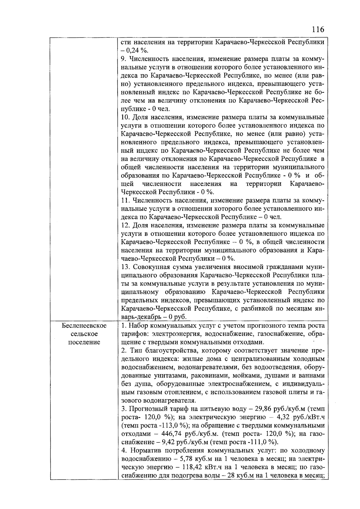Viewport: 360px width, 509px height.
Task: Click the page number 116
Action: [318, 29]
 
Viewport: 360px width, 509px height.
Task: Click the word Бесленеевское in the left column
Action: [84, 325]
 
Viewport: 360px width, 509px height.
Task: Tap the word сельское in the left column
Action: [84, 334]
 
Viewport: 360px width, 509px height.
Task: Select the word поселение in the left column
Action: [84, 342]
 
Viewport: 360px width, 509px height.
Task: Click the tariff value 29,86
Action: [263, 409]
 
